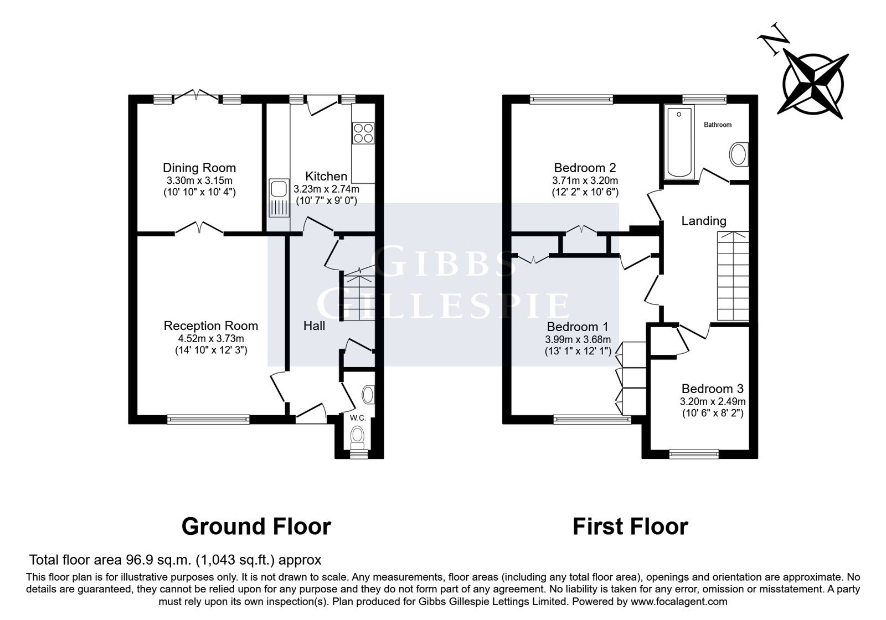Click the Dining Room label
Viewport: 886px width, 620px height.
click(x=199, y=168)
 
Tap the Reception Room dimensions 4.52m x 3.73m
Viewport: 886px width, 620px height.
click(x=211, y=338)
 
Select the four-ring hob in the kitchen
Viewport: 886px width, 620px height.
click(x=363, y=133)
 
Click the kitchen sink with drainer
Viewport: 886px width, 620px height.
click(x=279, y=198)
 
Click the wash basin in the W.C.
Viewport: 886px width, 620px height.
click(x=368, y=395)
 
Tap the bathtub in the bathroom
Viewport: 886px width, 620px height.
click(x=679, y=142)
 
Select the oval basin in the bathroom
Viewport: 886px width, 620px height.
click(x=739, y=154)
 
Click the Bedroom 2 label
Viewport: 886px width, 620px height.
click(x=585, y=168)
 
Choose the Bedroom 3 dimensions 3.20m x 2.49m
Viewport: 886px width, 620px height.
click(x=713, y=401)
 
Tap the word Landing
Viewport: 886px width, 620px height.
click(x=704, y=221)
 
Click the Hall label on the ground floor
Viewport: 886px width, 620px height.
click(x=314, y=325)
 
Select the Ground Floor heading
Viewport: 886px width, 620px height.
click(x=256, y=526)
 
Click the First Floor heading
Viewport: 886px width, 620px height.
click(x=631, y=526)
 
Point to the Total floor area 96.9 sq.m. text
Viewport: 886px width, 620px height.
click(x=175, y=560)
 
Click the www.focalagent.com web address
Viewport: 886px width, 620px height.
click(x=679, y=602)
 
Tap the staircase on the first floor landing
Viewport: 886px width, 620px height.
click(x=733, y=276)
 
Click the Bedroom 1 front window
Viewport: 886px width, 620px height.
click(x=592, y=420)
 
